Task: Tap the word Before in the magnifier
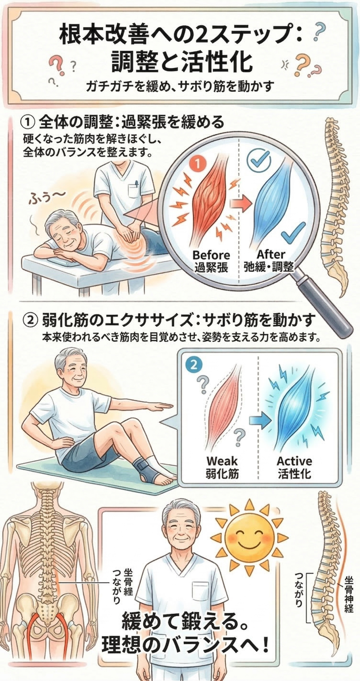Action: coord(211,255)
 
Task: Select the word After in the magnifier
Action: coord(271,254)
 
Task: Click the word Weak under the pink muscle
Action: coord(222,461)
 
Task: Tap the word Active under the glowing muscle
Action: coord(294,461)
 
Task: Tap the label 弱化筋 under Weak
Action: coord(222,474)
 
